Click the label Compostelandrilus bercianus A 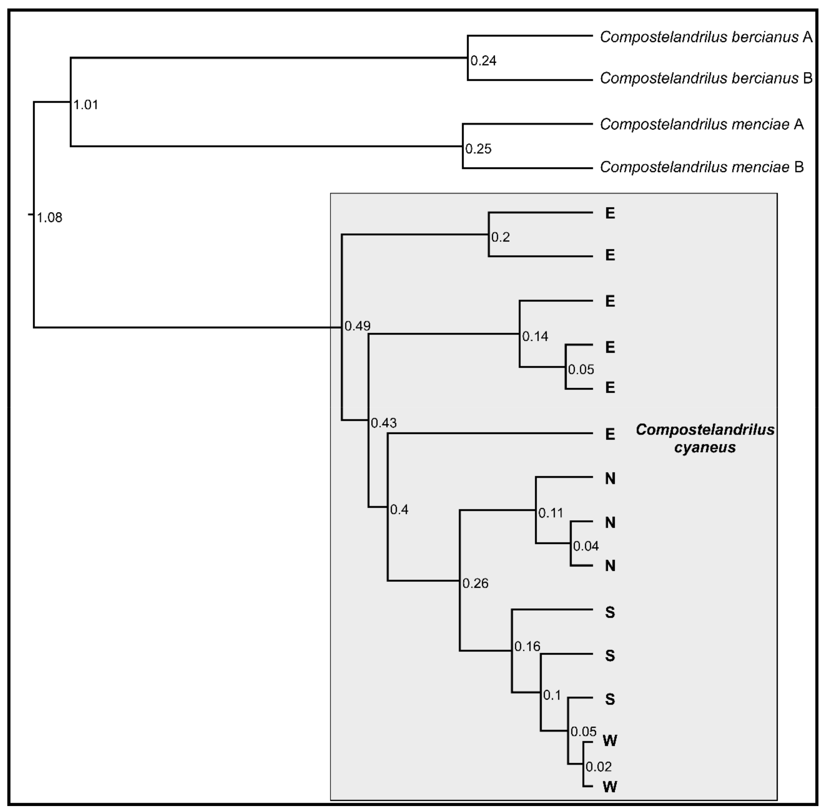[x=706, y=37]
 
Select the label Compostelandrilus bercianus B [x=706, y=78]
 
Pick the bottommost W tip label [x=610, y=786]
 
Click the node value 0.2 [x=500, y=237]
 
